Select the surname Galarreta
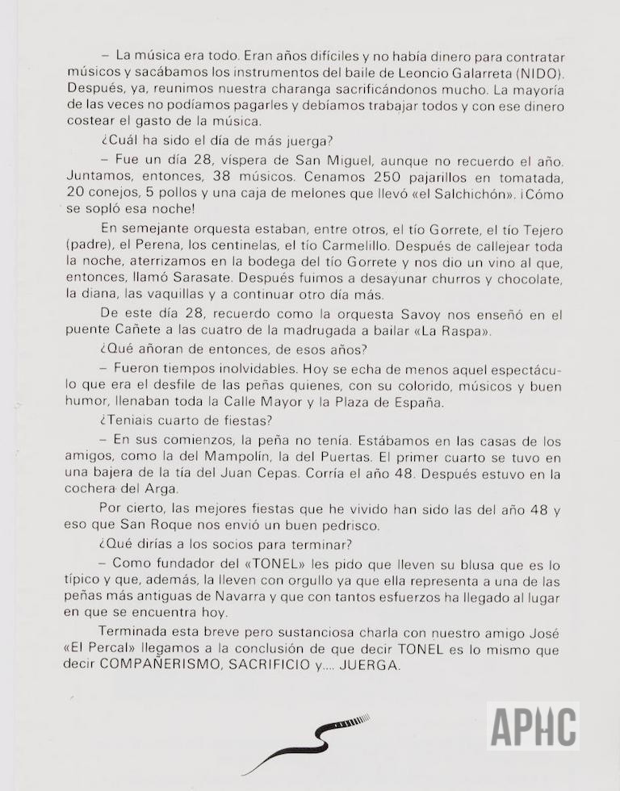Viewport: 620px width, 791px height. coord(467,73)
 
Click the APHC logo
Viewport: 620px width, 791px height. coord(532,726)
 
